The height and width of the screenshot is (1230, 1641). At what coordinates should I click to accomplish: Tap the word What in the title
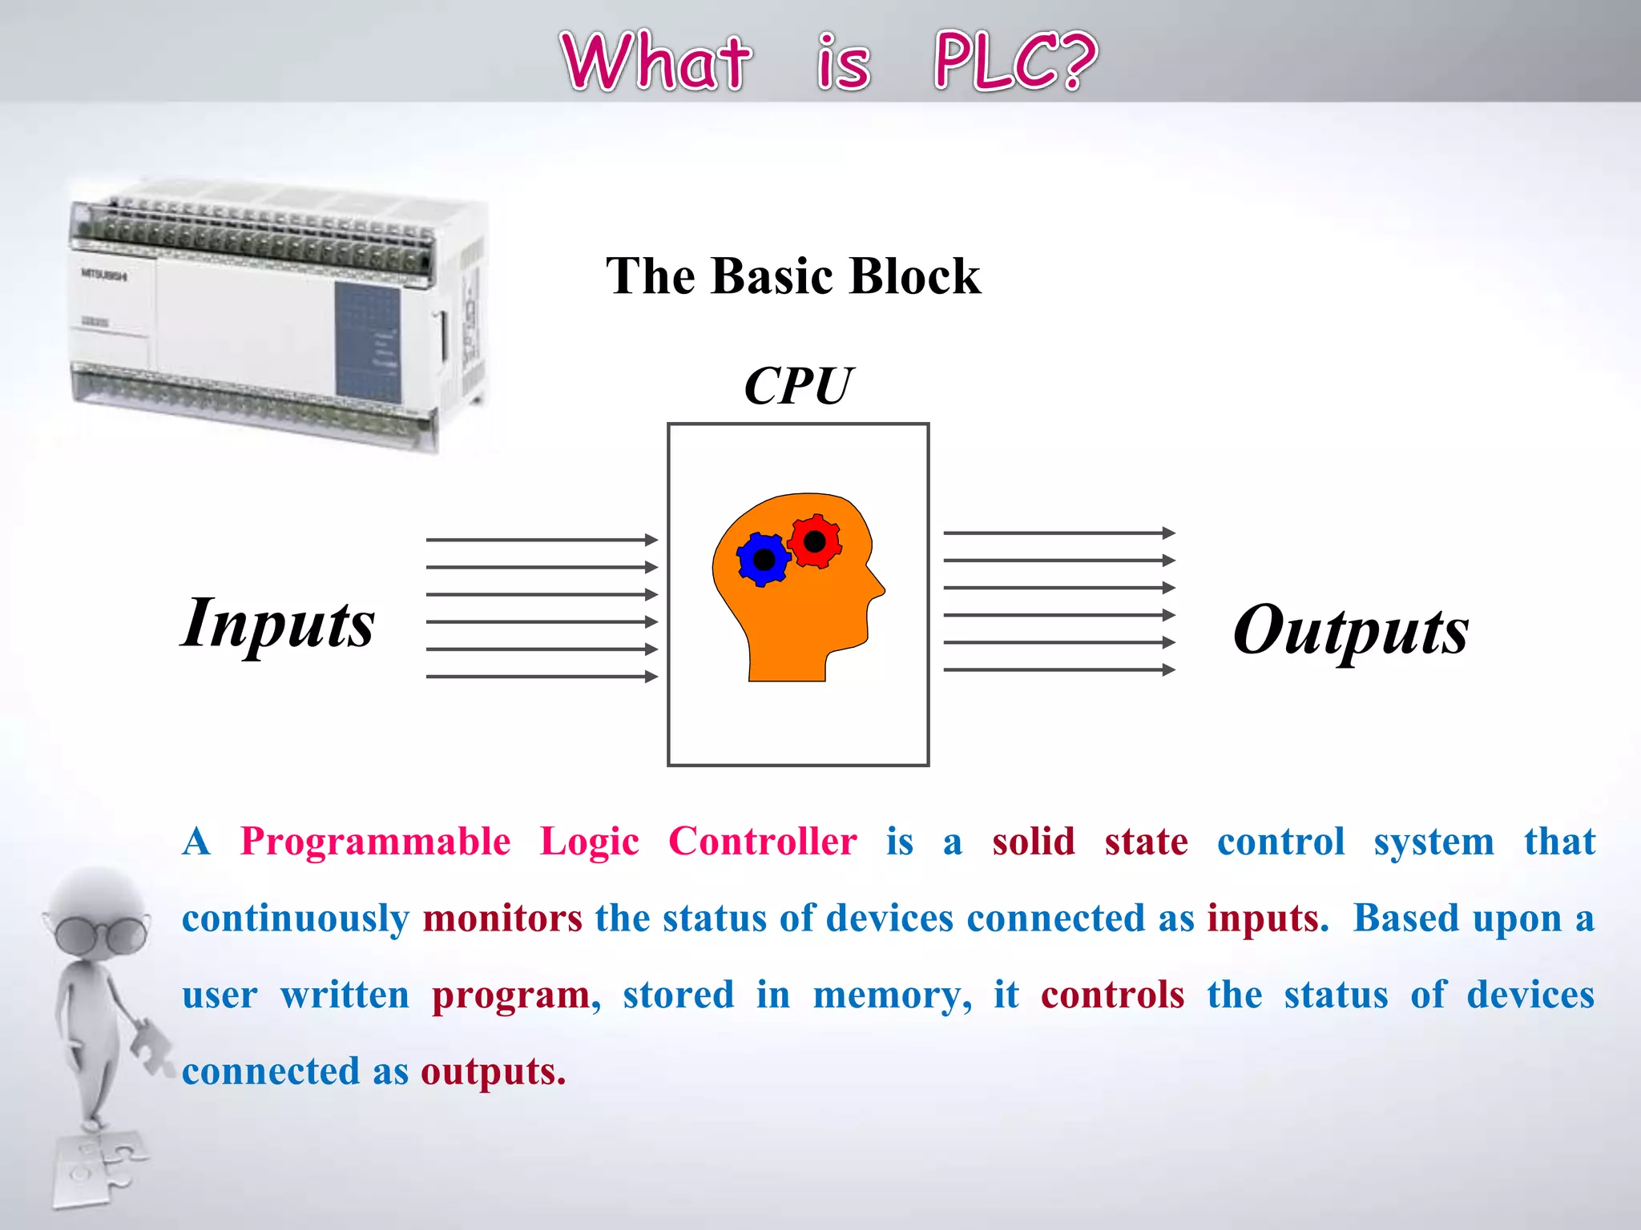(x=655, y=62)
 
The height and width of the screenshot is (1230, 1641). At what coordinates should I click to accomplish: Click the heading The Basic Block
(x=792, y=276)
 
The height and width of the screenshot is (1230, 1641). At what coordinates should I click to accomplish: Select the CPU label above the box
(x=797, y=386)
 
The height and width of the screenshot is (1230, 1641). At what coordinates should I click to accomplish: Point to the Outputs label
(x=1350, y=631)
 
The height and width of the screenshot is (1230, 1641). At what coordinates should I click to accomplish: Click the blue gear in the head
(x=763, y=559)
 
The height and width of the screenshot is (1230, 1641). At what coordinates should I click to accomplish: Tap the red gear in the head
(x=815, y=541)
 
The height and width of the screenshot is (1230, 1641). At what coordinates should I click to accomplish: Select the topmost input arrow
(x=542, y=540)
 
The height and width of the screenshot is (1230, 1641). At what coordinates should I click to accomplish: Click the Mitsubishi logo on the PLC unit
(x=103, y=275)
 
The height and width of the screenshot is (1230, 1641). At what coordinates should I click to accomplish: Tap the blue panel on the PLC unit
(x=367, y=342)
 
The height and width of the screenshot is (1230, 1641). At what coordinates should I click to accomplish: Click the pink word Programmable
(x=375, y=842)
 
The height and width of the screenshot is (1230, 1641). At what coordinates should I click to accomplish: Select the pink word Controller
(x=762, y=842)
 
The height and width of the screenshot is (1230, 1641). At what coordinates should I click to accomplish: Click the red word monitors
(x=502, y=918)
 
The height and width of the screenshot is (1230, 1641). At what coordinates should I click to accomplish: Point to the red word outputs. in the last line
(x=493, y=1071)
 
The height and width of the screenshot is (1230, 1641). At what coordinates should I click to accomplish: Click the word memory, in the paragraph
(x=892, y=995)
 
